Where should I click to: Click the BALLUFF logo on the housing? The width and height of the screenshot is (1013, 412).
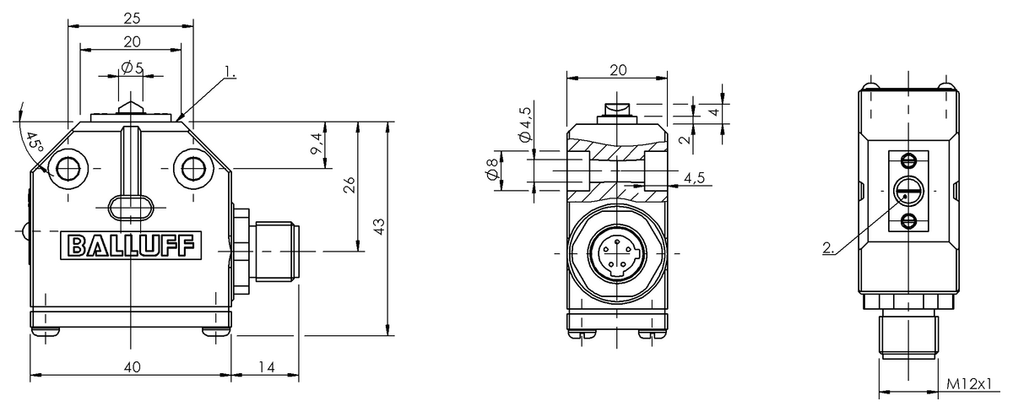click(131, 245)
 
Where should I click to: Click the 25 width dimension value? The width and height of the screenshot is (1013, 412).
click(131, 17)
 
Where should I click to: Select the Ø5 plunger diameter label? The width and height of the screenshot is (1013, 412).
click(130, 68)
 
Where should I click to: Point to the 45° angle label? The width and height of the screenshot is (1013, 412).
click(34, 140)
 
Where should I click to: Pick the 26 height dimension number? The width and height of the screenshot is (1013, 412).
click(349, 186)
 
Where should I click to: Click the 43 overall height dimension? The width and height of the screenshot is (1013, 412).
click(379, 227)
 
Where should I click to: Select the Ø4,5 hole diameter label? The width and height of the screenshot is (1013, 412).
click(524, 124)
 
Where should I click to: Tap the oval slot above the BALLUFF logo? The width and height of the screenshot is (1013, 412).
click(131, 206)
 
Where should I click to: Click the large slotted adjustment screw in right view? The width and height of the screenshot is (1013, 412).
click(907, 192)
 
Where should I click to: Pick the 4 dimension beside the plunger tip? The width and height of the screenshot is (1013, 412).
click(713, 111)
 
